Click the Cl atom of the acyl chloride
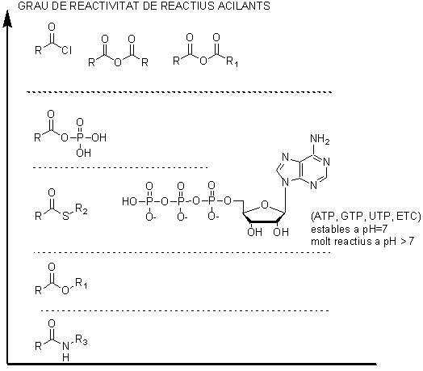coord(67,50)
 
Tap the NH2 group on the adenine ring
coord(320,139)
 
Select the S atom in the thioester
coord(66,216)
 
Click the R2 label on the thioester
coord(82,209)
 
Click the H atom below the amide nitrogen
coord(65,357)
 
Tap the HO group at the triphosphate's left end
coord(129,201)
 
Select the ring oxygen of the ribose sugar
coord(265,205)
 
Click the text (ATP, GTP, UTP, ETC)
coord(366,216)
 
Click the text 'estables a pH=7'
coord(349,229)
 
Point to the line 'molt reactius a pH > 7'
coord(362,241)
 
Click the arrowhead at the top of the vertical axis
coord(7,19)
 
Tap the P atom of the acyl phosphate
coord(80,137)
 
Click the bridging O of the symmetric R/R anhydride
coord(118,63)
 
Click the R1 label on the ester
coord(82,283)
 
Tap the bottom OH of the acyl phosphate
coord(83,153)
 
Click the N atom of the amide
coord(65,346)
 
